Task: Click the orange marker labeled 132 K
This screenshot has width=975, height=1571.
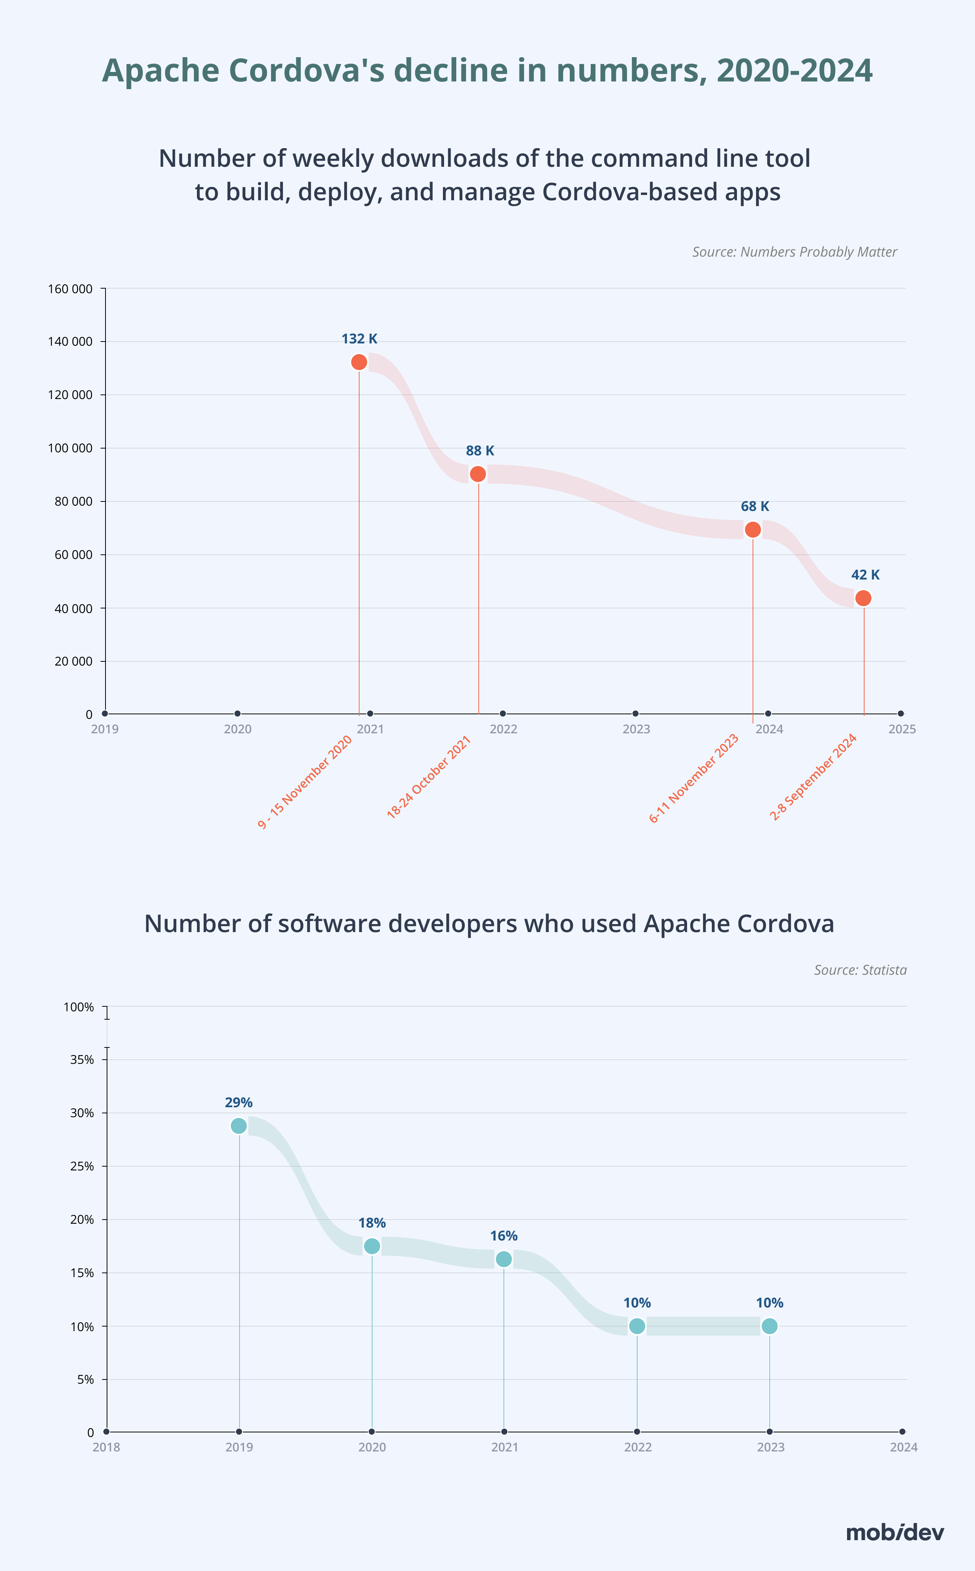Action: [x=359, y=362]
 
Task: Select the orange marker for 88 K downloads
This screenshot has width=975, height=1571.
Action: [x=478, y=474]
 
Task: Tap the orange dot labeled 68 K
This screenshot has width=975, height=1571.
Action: [x=753, y=529]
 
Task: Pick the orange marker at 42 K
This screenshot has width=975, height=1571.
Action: [x=863, y=598]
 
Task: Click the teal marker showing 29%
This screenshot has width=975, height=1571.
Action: [x=238, y=1126]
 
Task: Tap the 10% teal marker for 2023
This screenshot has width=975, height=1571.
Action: [x=769, y=1326]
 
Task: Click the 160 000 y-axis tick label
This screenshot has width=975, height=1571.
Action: [x=70, y=289]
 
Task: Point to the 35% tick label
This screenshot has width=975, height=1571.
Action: [x=82, y=1059]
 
